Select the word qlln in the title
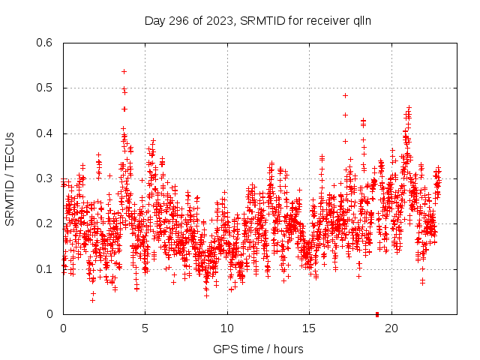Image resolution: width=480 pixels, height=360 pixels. tap(361, 21)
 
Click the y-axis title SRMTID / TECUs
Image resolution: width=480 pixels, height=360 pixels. tap(10, 178)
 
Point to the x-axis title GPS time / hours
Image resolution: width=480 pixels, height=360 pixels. tap(258, 349)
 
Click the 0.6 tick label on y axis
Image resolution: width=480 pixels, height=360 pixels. tap(45, 43)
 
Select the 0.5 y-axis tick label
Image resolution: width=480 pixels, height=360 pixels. tap(45, 88)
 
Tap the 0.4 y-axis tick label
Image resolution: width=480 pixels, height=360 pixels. tap(45, 133)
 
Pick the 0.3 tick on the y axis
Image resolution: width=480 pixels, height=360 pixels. tap(45, 178)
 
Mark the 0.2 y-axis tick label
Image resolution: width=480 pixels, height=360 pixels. tap(45, 224)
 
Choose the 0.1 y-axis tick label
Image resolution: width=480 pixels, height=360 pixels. tap(45, 269)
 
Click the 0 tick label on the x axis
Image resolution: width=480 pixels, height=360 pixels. tap(63, 328)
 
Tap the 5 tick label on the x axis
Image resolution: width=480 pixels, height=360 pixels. tap(145, 328)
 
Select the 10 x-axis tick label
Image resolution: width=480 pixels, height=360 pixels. tap(227, 328)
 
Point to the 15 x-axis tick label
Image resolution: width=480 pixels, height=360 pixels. tap(309, 328)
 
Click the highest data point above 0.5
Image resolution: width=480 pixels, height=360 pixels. tap(124, 71)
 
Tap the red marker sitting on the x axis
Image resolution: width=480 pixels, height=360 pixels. tap(377, 313)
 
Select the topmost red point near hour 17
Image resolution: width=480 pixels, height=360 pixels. tap(345, 95)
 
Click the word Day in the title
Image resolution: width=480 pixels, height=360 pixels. tap(154, 21)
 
